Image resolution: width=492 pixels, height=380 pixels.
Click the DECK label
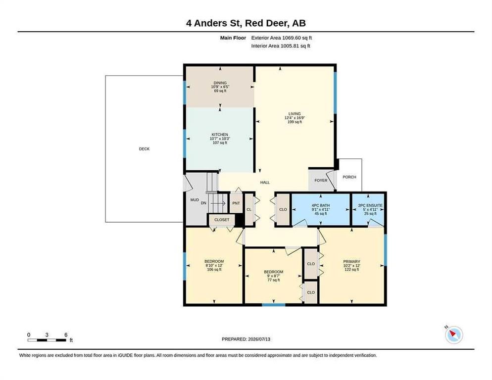click(x=145, y=149)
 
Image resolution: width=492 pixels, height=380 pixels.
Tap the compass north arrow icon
click(x=454, y=335)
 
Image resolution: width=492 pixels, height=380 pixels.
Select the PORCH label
click(x=349, y=177)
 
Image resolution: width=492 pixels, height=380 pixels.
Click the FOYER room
click(x=321, y=181)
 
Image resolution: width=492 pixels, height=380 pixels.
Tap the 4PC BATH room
click(x=321, y=209)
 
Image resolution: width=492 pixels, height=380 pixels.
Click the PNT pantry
click(x=236, y=203)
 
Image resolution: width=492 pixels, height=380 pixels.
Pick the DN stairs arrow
click(x=218, y=203)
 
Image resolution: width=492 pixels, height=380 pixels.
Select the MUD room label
click(x=195, y=199)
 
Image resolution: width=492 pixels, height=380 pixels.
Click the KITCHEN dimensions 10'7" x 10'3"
click(x=220, y=139)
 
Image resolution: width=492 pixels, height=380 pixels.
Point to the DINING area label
click(x=220, y=83)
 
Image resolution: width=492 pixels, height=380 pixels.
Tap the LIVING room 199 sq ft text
click(x=295, y=122)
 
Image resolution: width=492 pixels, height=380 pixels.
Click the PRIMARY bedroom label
click(x=351, y=261)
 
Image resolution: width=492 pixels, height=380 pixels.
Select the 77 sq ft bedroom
click(x=274, y=276)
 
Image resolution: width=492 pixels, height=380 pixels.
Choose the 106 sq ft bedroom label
click(x=214, y=261)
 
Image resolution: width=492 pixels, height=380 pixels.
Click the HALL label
click(x=265, y=182)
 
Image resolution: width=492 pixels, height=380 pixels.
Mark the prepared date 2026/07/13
click(x=259, y=339)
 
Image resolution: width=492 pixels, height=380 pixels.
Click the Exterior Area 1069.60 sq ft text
click(x=282, y=38)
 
